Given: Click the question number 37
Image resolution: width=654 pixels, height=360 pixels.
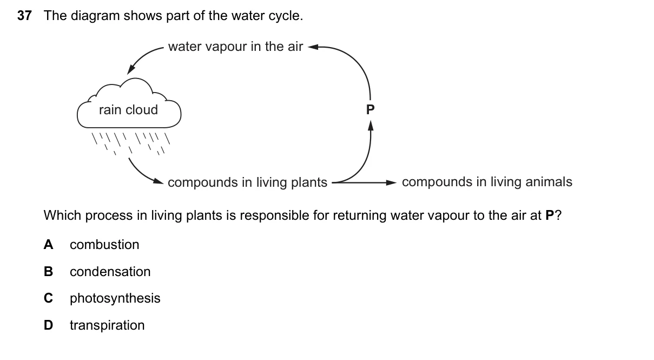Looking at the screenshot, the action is [x=24, y=16].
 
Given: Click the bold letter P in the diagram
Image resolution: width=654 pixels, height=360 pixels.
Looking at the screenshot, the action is [x=370, y=109].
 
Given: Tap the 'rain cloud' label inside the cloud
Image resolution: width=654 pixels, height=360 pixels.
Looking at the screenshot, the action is [x=128, y=110].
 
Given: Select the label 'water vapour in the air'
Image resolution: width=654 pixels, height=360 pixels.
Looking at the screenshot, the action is [x=236, y=47].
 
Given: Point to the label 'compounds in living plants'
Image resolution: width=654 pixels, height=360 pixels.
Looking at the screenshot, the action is [x=247, y=182].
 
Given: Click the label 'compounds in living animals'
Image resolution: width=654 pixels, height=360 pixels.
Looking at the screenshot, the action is [x=487, y=182].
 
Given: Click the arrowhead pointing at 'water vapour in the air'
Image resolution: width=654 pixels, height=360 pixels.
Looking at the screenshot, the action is [x=313, y=47].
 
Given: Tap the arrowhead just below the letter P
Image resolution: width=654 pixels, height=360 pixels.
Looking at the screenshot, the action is [x=371, y=126].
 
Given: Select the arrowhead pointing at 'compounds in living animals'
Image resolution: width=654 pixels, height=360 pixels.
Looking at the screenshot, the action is [x=391, y=182].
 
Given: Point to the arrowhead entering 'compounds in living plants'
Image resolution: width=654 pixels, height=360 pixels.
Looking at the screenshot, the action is [x=158, y=181].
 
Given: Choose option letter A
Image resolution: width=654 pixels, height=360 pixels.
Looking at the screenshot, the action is [x=49, y=245].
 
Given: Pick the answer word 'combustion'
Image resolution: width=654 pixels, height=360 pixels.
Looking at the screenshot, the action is [x=104, y=245].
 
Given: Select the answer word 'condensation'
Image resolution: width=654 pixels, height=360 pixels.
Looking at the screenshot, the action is [x=110, y=272].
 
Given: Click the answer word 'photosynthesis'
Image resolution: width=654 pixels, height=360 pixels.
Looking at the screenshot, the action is [x=115, y=298].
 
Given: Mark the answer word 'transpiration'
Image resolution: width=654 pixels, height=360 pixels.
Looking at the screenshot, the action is [x=107, y=325].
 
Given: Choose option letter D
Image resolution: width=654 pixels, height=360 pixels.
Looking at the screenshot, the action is [x=49, y=325].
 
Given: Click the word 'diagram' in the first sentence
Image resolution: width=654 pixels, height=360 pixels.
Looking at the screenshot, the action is [x=95, y=16].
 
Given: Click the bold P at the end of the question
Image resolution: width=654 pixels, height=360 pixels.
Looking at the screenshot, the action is [x=550, y=215].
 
